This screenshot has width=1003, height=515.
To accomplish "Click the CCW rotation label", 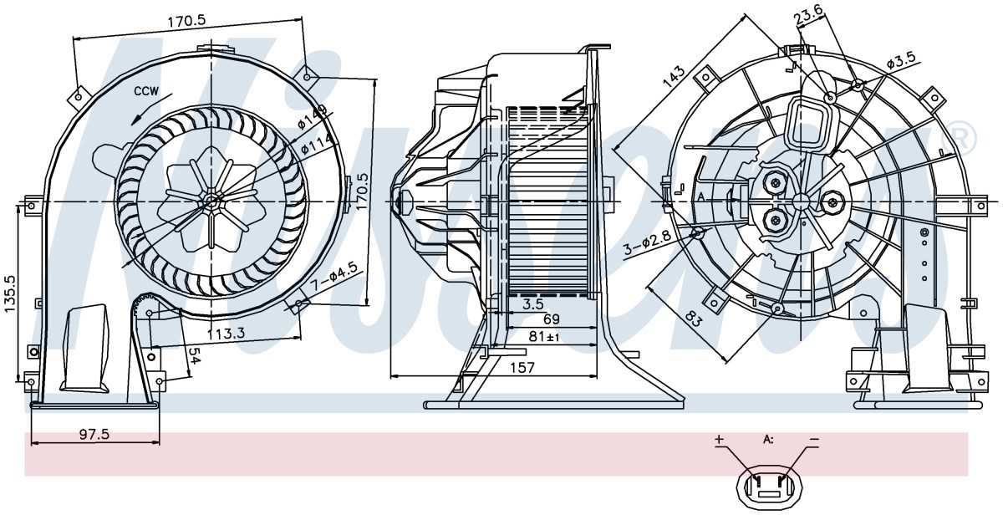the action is (x=146, y=91).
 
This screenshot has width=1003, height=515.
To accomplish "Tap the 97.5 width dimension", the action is (x=94, y=434).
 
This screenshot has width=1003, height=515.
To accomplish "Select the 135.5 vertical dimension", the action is (x=10, y=293).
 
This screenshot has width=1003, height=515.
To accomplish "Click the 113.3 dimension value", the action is (x=227, y=334).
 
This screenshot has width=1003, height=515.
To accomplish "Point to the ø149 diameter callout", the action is (x=313, y=117).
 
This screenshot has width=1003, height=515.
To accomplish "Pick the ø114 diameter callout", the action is (x=318, y=144).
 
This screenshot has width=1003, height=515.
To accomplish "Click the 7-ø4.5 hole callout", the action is (x=335, y=278).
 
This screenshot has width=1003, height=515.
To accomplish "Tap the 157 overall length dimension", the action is (x=522, y=368).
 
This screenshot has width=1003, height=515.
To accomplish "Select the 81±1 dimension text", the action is (x=544, y=336).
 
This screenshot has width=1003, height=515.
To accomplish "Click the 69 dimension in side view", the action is (x=551, y=319).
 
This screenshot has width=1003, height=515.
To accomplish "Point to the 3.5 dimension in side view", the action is (x=533, y=304).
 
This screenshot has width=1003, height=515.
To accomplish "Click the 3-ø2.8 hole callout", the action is (x=648, y=242).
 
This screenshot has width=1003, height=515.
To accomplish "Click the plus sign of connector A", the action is (x=719, y=439).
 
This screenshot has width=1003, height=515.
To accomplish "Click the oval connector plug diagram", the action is (x=770, y=487).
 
